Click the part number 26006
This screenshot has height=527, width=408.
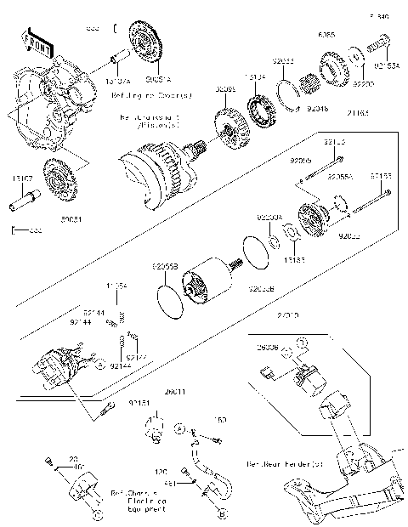[x=269, y=348]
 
